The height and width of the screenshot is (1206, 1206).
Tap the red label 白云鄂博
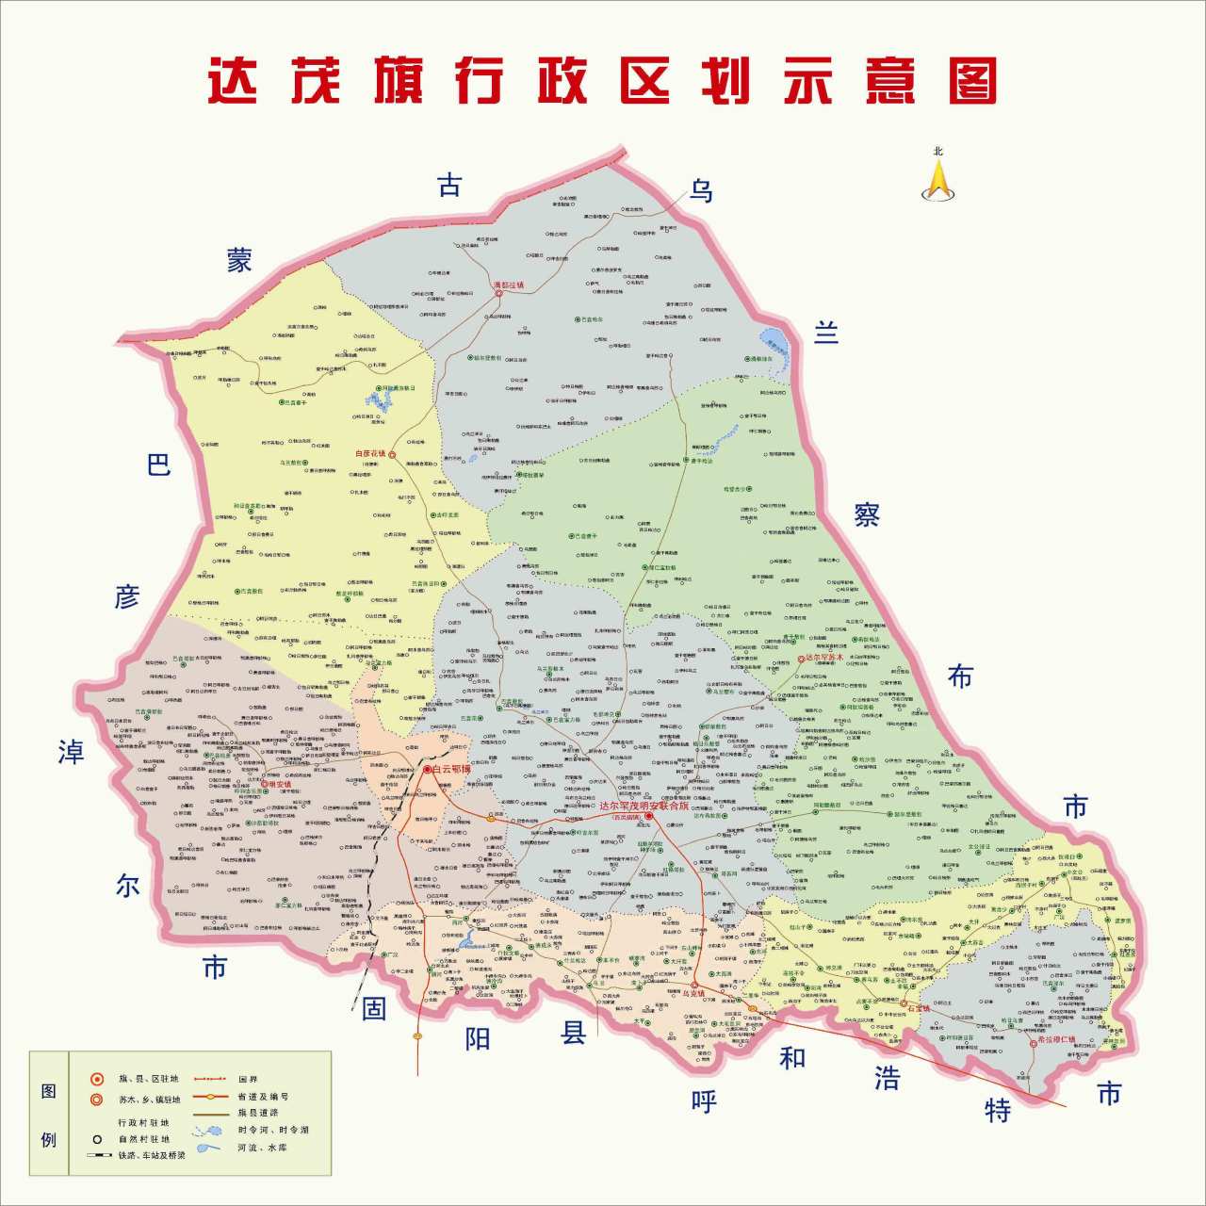pyautogui.click(x=450, y=769)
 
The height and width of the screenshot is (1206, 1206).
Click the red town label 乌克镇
pyautogui.click(x=693, y=993)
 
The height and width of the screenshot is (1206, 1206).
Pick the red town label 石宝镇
pyautogui.click(x=919, y=1007)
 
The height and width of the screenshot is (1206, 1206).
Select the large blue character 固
pyautogui.click(x=374, y=1009)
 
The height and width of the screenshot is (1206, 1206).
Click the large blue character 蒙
pyautogui.click(x=239, y=260)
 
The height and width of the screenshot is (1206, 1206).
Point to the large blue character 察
pyautogui.click(x=867, y=514)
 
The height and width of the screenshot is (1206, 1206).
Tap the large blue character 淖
pyautogui.click(x=71, y=752)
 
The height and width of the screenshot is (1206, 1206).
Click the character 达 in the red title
pyautogui.click(x=233, y=81)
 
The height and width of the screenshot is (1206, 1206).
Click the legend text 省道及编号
pyautogui.click(x=263, y=1097)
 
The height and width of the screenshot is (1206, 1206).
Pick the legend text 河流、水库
pyautogui.click(x=263, y=1148)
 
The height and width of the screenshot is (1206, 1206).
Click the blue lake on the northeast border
pyautogui.click(x=776, y=341)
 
